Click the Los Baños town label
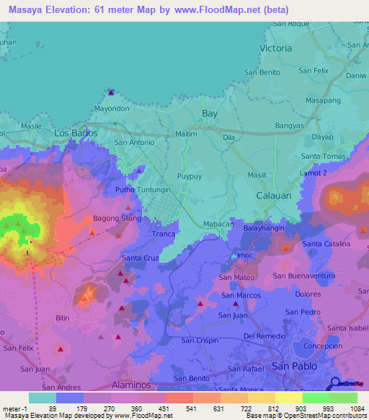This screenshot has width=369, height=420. click(x=76, y=134)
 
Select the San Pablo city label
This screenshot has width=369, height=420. click(x=295, y=367)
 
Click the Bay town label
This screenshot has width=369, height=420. click(x=210, y=114)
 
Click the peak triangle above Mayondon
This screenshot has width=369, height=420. click(x=111, y=92)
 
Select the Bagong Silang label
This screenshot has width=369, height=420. click(x=117, y=218)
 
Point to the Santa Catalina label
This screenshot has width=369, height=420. click(x=326, y=245)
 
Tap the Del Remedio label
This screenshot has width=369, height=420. click(x=264, y=336)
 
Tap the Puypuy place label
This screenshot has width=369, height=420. click(x=190, y=176)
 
